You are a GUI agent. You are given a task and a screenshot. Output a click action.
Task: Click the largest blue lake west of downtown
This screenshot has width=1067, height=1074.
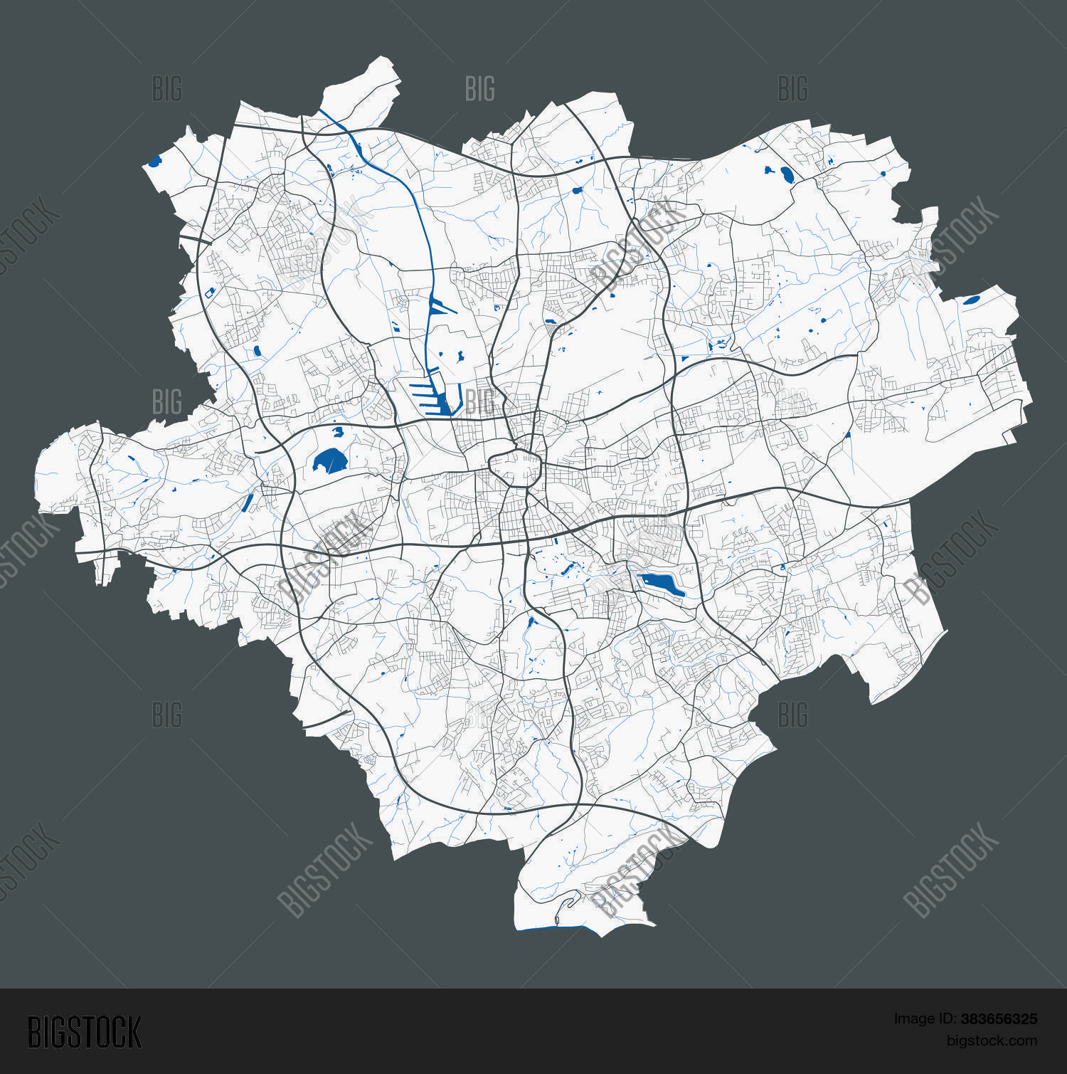pos(328,462)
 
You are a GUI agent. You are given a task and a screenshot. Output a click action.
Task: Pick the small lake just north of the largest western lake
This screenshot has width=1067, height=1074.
pos(337,431)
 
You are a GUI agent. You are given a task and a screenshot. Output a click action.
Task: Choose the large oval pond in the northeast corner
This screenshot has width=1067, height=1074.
pos(786,174)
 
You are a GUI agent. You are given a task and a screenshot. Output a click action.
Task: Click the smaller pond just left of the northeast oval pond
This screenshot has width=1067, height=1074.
pos(768,170)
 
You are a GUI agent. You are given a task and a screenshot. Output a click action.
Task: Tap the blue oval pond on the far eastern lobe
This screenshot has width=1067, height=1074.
pos(971,300)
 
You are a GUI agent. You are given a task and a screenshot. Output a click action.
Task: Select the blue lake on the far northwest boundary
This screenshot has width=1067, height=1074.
pos(154,162)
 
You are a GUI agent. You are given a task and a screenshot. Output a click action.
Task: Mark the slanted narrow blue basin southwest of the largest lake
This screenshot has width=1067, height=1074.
pos(248,502)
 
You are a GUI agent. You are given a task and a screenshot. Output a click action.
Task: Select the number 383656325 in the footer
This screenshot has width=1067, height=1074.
pos(999,1019)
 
